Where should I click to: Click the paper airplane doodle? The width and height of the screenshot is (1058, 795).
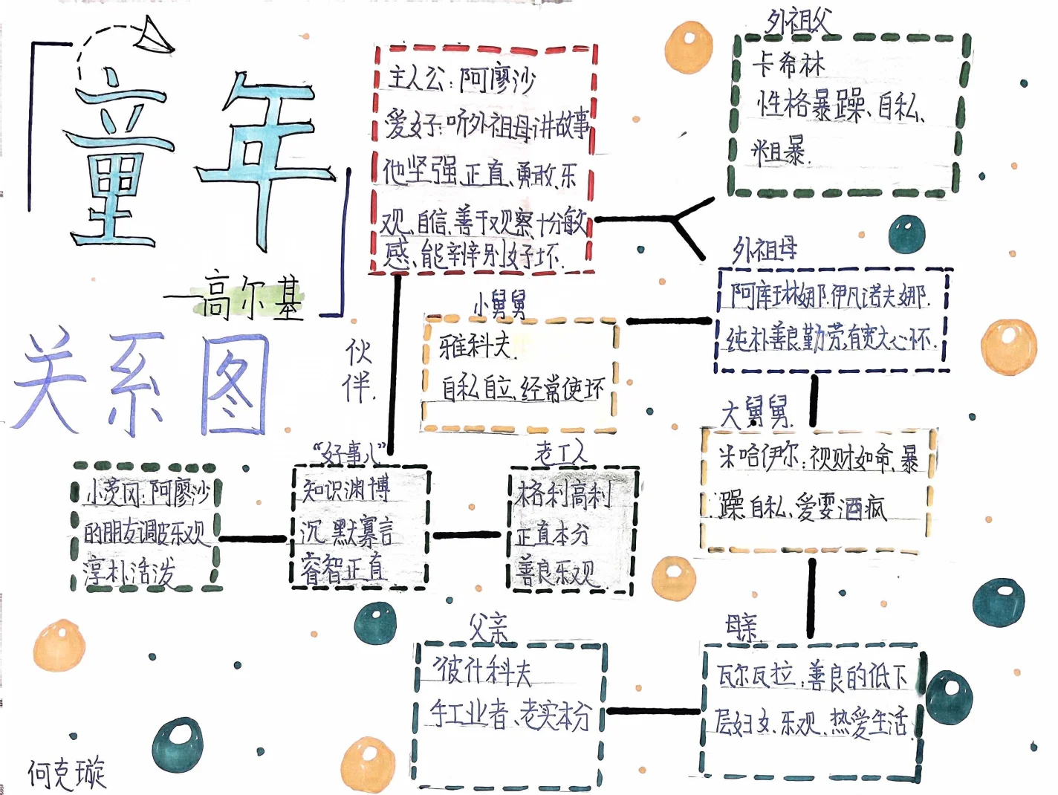click(x=155, y=37)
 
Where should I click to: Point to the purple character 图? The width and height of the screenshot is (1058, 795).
click(x=234, y=384)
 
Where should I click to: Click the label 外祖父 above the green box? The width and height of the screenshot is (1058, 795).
click(x=798, y=22)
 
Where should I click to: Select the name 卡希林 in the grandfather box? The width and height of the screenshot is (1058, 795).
click(x=788, y=65)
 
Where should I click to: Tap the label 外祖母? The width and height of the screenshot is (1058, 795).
click(x=765, y=250)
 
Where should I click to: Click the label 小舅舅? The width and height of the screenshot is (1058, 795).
click(x=500, y=304)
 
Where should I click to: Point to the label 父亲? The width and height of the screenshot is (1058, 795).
click(x=488, y=629)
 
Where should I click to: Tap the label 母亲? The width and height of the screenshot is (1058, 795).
click(x=742, y=629)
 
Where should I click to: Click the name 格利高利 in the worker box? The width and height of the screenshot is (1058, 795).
click(x=562, y=494)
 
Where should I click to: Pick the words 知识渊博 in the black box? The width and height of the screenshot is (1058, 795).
click(x=345, y=490)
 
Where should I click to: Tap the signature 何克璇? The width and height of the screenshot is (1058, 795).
click(x=67, y=773)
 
